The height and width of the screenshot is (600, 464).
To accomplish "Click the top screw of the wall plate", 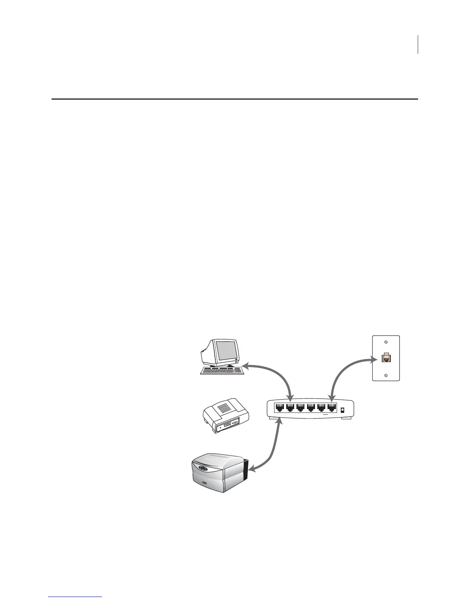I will click(386, 342).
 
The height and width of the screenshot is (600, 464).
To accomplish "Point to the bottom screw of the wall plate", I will click(386, 375).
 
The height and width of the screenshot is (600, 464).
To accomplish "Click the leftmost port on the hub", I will click(279, 408).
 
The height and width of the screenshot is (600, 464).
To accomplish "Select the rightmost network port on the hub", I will click(332, 408).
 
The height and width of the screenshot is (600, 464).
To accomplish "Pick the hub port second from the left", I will click(290, 408).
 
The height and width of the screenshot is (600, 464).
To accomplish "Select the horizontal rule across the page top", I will click(235, 99).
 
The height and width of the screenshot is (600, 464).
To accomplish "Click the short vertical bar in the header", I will click(418, 44).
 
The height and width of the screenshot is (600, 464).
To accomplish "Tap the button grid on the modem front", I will click(227, 424).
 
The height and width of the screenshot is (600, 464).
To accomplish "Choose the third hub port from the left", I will click(300, 408).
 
